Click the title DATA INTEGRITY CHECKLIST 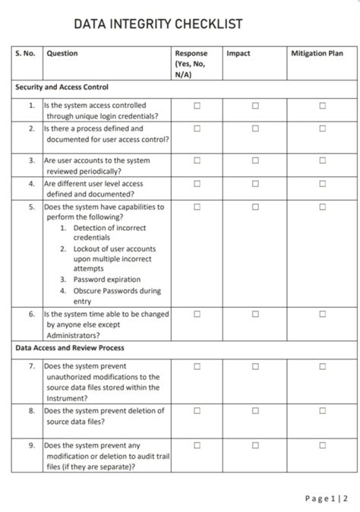coord(158,24)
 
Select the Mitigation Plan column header coord(317,53)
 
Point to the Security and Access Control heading coord(62,87)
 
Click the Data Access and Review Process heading coord(70,348)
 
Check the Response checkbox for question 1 coord(196,106)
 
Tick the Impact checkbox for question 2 coord(255,128)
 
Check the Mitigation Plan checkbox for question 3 coord(322,160)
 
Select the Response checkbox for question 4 coord(196,183)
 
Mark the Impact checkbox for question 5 coord(255,206)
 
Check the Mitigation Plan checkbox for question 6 coord(322,314)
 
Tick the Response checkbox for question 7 coord(196,366)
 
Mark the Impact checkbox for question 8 coord(255,411)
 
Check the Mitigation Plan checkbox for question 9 coord(322,445)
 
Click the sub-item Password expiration coord(106,280)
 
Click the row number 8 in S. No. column coord(31,411)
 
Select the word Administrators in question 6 coord(73,335)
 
